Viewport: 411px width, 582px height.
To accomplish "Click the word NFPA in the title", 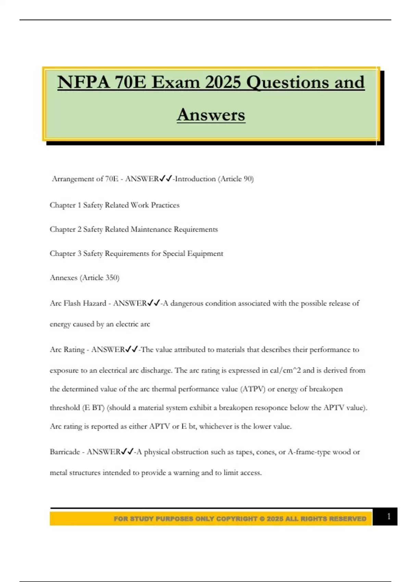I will (84, 83).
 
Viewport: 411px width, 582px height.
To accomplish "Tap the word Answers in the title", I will (211, 115).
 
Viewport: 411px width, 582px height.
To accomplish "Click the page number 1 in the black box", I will (388, 517).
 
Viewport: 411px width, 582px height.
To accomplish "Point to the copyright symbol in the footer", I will (262, 519).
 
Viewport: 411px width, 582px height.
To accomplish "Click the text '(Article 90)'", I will (236, 179).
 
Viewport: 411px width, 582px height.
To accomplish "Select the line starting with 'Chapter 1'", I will (114, 205).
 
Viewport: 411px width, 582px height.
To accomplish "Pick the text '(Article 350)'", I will (99, 278).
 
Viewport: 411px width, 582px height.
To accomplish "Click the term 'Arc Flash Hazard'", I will (78, 303).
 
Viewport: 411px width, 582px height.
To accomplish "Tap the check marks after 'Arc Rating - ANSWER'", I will (132, 350).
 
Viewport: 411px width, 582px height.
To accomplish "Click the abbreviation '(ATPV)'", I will (253, 389).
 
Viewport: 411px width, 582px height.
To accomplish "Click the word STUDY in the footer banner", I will (141, 519).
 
